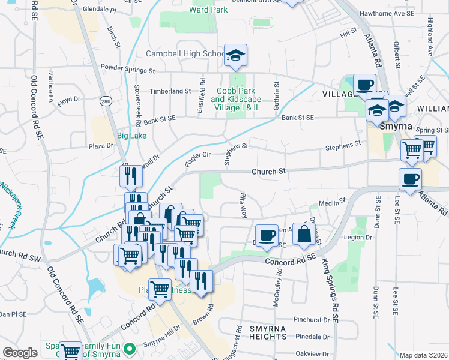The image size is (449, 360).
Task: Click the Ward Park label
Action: tap(208, 10)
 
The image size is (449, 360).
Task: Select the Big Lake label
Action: tap(131, 136)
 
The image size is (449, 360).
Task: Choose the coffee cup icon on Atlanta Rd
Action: tap(411, 179)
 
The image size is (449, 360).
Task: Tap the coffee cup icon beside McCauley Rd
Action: tap(267, 235)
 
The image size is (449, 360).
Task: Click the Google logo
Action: tap(20, 353)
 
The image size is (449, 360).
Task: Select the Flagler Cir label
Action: tap(197, 155)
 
